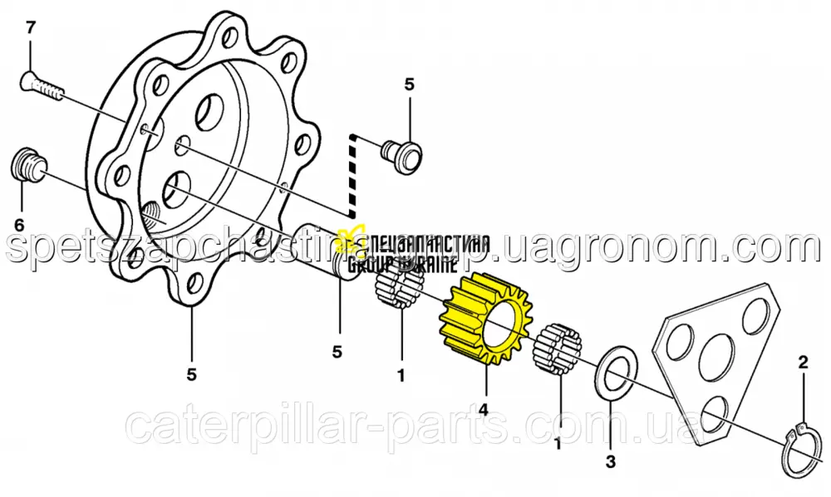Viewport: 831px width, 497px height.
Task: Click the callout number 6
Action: (x=18, y=224)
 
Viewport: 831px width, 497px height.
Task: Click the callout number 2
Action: (x=803, y=362)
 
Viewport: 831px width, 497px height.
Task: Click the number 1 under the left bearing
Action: (x=401, y=376)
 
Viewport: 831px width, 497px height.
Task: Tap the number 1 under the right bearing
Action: (x=558, y=445)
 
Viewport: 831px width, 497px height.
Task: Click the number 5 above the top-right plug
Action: (x=408, y=84)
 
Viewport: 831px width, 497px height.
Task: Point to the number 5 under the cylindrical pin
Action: (x=337, y=352)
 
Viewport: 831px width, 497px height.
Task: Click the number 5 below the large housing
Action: (x=191, y=375)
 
